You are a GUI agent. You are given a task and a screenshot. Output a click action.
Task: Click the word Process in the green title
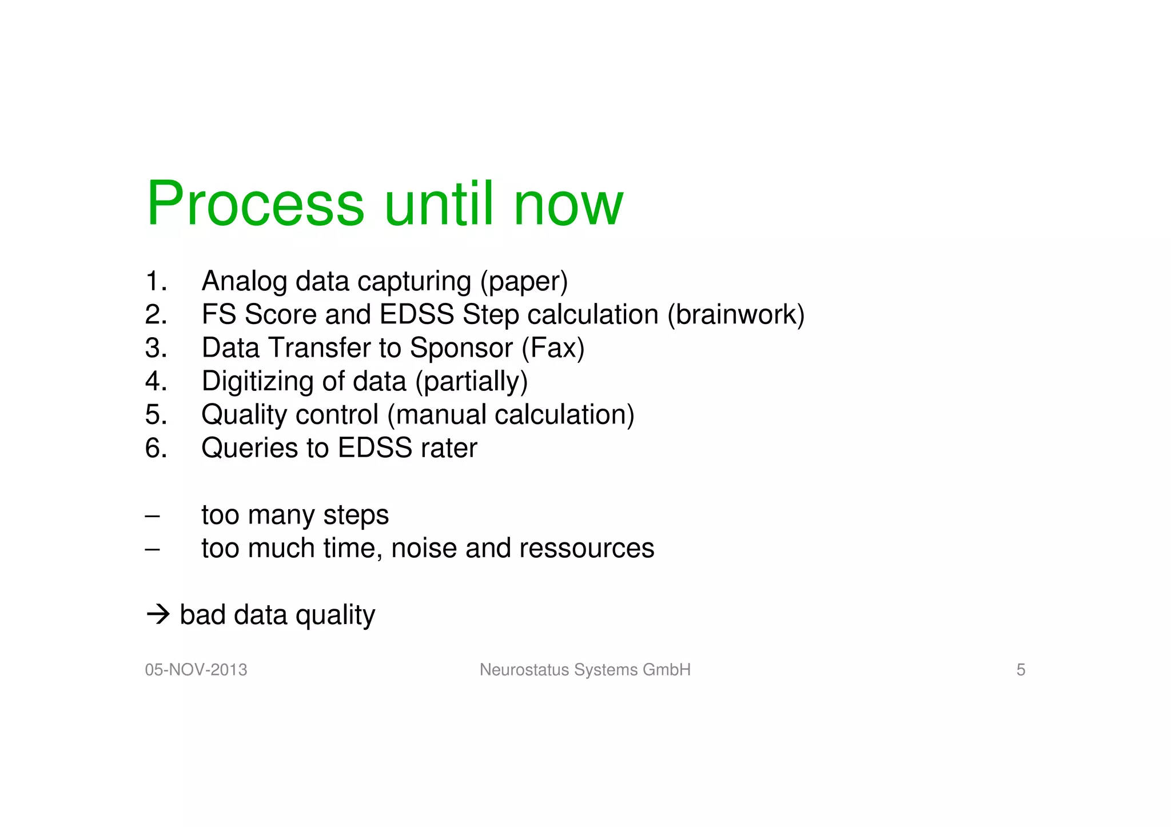tap(255, 205)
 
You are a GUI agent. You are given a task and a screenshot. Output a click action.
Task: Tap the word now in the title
tap(568, 205)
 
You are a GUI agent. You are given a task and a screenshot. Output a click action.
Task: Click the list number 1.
tap(156, 281)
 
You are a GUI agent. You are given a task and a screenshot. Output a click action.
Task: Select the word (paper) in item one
tap(524, 281)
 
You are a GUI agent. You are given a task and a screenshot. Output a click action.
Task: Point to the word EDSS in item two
tap(417, 314)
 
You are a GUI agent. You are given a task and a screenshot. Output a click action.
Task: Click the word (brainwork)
tap(736, 314)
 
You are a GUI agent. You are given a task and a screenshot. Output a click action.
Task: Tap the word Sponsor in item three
tap(461, 347)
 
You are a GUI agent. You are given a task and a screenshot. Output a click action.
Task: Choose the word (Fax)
tap(553, 347)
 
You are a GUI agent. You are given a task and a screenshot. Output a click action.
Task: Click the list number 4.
tap(156, 381)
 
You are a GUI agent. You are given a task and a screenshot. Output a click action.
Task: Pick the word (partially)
tap(471, 381)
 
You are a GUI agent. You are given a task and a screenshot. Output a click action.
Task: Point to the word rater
tap(449, 448)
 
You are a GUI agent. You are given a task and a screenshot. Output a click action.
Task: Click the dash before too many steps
tap(152, 516)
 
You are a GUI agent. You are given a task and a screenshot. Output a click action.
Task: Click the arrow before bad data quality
tap(158, 615)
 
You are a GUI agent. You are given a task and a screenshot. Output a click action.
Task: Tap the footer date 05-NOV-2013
tap(196, 670)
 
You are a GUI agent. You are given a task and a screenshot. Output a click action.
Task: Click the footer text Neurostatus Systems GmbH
tap(585, 670)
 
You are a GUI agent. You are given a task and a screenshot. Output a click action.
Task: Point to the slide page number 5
tap(1021, 670)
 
